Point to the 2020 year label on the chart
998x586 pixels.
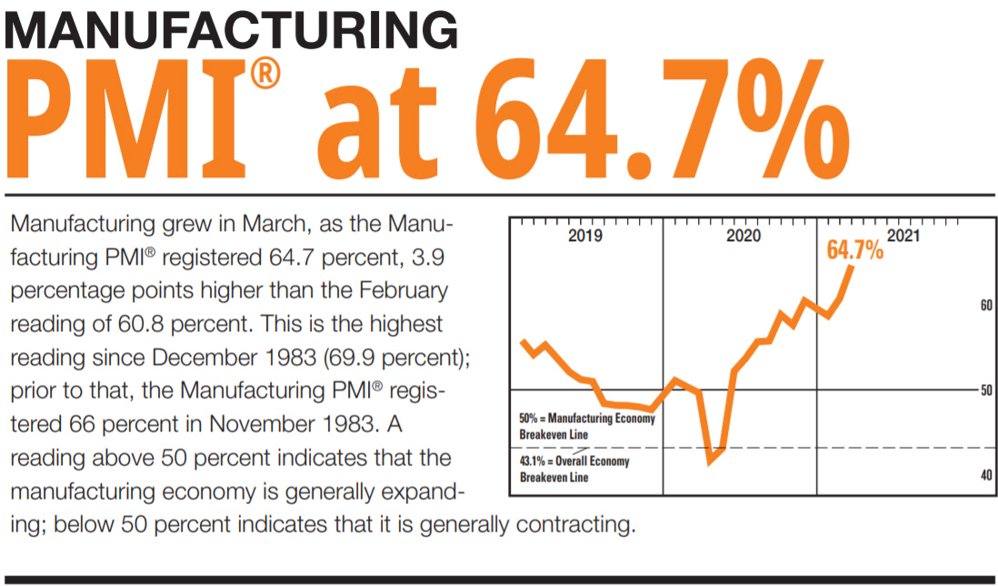coord(743,237)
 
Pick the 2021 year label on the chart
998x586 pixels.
coord(903,237)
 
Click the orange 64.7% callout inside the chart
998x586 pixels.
coord(853,250)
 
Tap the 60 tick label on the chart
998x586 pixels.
coord(985,307)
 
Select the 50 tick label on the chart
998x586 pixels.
coord(985,390)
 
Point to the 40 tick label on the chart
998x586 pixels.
coord(985,476)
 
